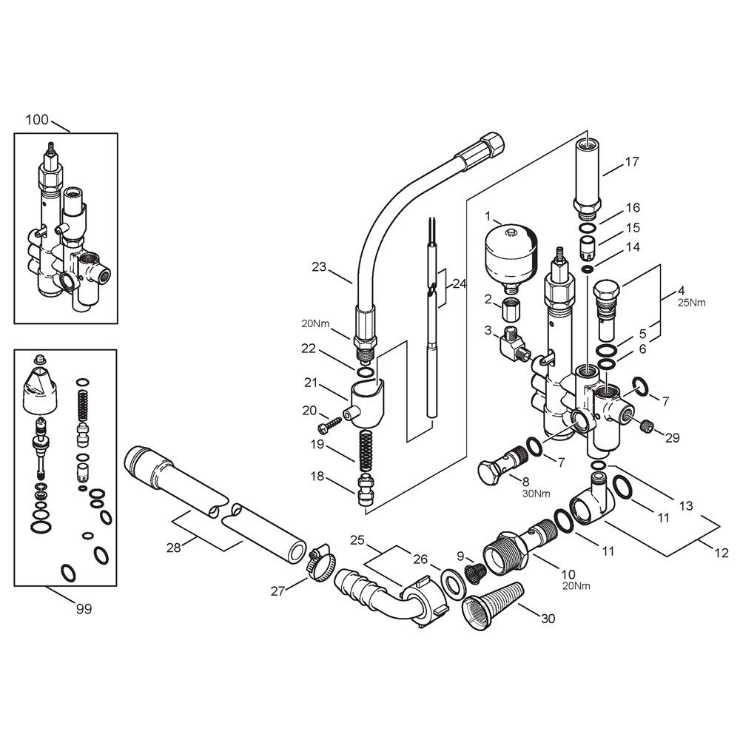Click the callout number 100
coord(37,120)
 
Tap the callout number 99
coord(84,609)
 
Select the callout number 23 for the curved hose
coord(319,267)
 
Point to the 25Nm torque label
coord(692,303)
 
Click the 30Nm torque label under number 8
coord(536,494)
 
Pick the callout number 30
coord(548,618)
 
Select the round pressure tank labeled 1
coord(510,258)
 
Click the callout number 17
coord(632,162)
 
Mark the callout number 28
coord(174,548)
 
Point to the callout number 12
coord(721,552)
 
